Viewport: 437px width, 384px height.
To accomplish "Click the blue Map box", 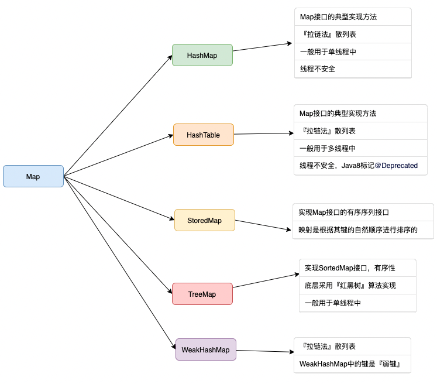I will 33,176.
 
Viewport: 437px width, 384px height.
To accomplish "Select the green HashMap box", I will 202,55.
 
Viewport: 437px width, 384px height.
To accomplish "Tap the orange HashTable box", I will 203,135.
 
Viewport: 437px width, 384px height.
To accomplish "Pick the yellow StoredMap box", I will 204,220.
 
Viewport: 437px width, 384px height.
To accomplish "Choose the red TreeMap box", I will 202,294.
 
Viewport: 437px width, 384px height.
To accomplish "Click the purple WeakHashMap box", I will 205,349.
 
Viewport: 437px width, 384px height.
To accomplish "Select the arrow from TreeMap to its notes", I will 266,279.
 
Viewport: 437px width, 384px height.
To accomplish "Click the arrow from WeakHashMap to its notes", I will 264,351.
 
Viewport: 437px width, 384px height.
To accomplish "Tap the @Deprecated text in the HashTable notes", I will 396,166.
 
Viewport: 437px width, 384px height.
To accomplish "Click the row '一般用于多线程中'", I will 328,149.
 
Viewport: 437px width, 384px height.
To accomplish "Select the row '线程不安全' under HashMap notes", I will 318,69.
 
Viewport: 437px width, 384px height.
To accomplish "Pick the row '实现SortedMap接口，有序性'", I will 350,268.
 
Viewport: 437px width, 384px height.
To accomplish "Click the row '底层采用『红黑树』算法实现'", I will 350,286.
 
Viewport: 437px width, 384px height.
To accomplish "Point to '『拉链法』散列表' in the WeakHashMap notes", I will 327,347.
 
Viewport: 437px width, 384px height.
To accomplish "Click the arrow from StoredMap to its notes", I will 263,226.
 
